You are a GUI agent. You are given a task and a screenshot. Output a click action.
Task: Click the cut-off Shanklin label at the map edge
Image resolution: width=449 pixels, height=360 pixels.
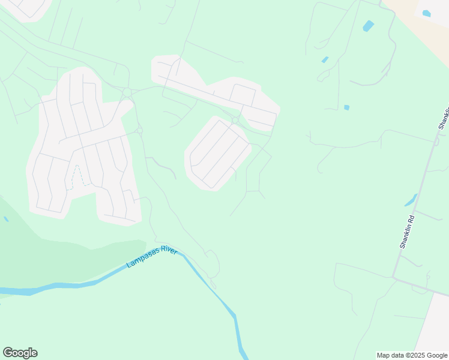[444, 118]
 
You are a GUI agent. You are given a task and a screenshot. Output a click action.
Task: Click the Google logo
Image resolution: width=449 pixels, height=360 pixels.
[20, 353]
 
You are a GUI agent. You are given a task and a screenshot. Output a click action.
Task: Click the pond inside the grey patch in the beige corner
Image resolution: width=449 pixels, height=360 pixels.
[426, 13]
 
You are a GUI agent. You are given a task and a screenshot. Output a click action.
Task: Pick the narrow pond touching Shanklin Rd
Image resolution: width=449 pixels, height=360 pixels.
[411, 200]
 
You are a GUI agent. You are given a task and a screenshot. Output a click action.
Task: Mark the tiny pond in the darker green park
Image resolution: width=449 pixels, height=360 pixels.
[6, 219]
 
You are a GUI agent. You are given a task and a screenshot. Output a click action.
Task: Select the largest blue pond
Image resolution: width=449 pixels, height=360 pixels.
[368, 26]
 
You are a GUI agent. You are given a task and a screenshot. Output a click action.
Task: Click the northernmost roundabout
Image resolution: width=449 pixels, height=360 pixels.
[127, 92]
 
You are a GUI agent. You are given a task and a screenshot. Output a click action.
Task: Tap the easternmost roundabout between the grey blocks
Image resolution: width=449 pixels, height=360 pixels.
[235, 121]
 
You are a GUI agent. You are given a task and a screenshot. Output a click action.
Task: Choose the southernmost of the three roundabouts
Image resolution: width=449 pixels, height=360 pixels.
[139, 130]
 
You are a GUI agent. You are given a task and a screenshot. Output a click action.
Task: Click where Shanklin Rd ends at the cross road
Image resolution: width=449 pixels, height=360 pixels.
[393, 277]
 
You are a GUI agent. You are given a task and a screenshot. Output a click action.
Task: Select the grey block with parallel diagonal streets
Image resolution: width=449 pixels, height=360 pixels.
[217, 153]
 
